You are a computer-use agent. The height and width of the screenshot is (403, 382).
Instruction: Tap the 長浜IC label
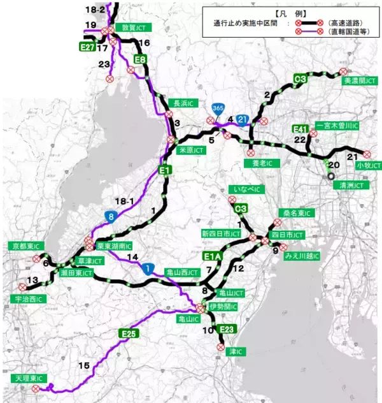(184, 103)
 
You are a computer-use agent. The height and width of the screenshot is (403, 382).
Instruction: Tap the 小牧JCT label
(367, 165)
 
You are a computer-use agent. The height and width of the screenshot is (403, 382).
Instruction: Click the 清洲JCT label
(350, 186)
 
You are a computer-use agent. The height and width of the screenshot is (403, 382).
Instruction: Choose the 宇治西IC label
(29, 298)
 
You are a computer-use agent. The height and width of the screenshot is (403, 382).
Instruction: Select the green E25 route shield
(129, 333)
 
